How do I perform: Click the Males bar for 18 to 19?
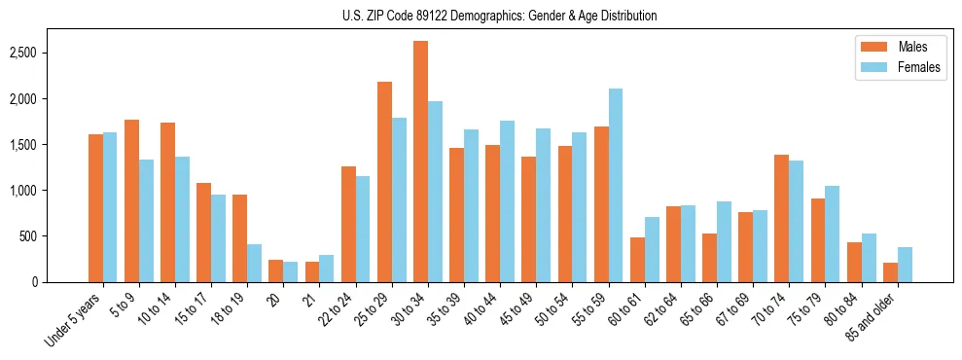click(x=239, y=238)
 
